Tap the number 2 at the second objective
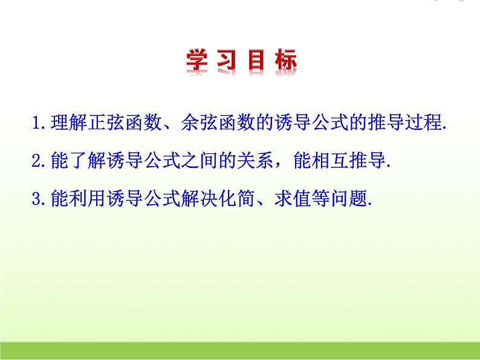pos(36,161)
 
